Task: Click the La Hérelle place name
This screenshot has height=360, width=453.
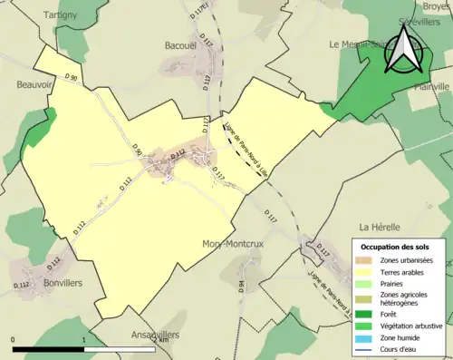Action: click(x=378, y=226)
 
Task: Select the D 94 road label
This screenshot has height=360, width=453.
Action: click(x=242, y=287)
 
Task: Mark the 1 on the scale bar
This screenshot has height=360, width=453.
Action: click(x=83, y=340)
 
